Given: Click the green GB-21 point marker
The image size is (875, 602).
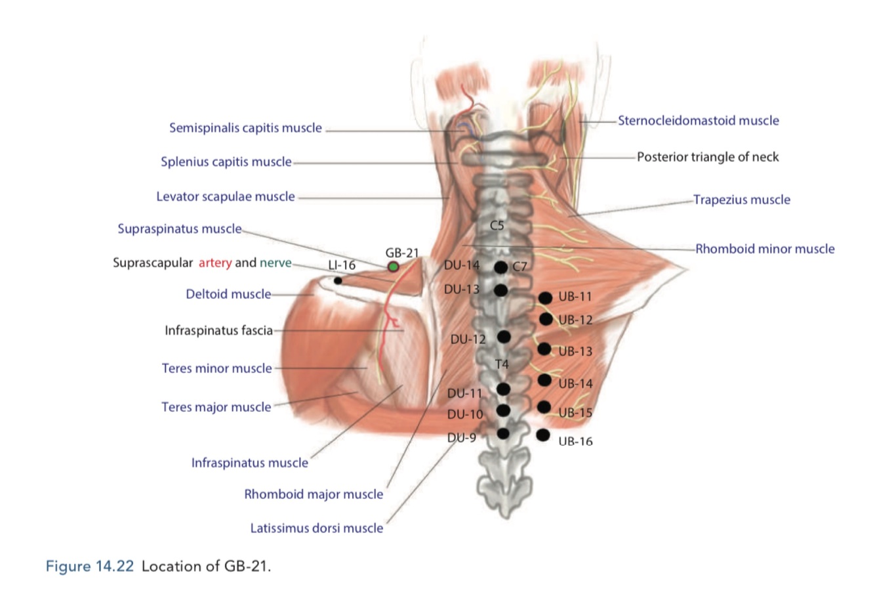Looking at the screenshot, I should point(393,267).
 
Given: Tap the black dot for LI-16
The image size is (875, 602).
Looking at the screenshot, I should point(338,281).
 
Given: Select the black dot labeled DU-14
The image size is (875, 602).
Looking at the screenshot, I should point(500,267).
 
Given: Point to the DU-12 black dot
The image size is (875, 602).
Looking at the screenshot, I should point(504,337).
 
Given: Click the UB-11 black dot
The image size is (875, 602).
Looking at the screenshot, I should point(545,298).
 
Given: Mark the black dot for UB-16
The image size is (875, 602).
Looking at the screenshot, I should point(542,435).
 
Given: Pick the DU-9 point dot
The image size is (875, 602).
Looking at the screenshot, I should point(503,433).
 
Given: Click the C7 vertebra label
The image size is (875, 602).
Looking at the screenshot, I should point(519,267).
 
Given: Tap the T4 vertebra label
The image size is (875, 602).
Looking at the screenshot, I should point(502,364).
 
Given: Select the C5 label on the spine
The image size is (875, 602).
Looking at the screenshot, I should point(497,225).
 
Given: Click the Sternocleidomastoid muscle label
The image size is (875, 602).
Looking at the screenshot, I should point(699,121).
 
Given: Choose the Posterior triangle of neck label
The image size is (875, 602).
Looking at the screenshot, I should point(708,157).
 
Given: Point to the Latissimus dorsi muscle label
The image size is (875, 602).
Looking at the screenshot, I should point(317,528).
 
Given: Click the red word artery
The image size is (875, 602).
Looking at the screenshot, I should point(215,263).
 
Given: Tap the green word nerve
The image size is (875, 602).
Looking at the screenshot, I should point(275,263).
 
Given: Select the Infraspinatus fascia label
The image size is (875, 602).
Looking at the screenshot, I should point(218,331).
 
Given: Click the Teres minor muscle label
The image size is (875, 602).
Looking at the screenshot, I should point(216,368).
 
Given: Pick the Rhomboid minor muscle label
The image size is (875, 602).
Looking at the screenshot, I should point(765,249).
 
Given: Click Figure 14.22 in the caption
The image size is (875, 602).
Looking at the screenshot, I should point(90,566).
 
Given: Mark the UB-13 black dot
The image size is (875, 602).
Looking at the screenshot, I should point(544,349).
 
